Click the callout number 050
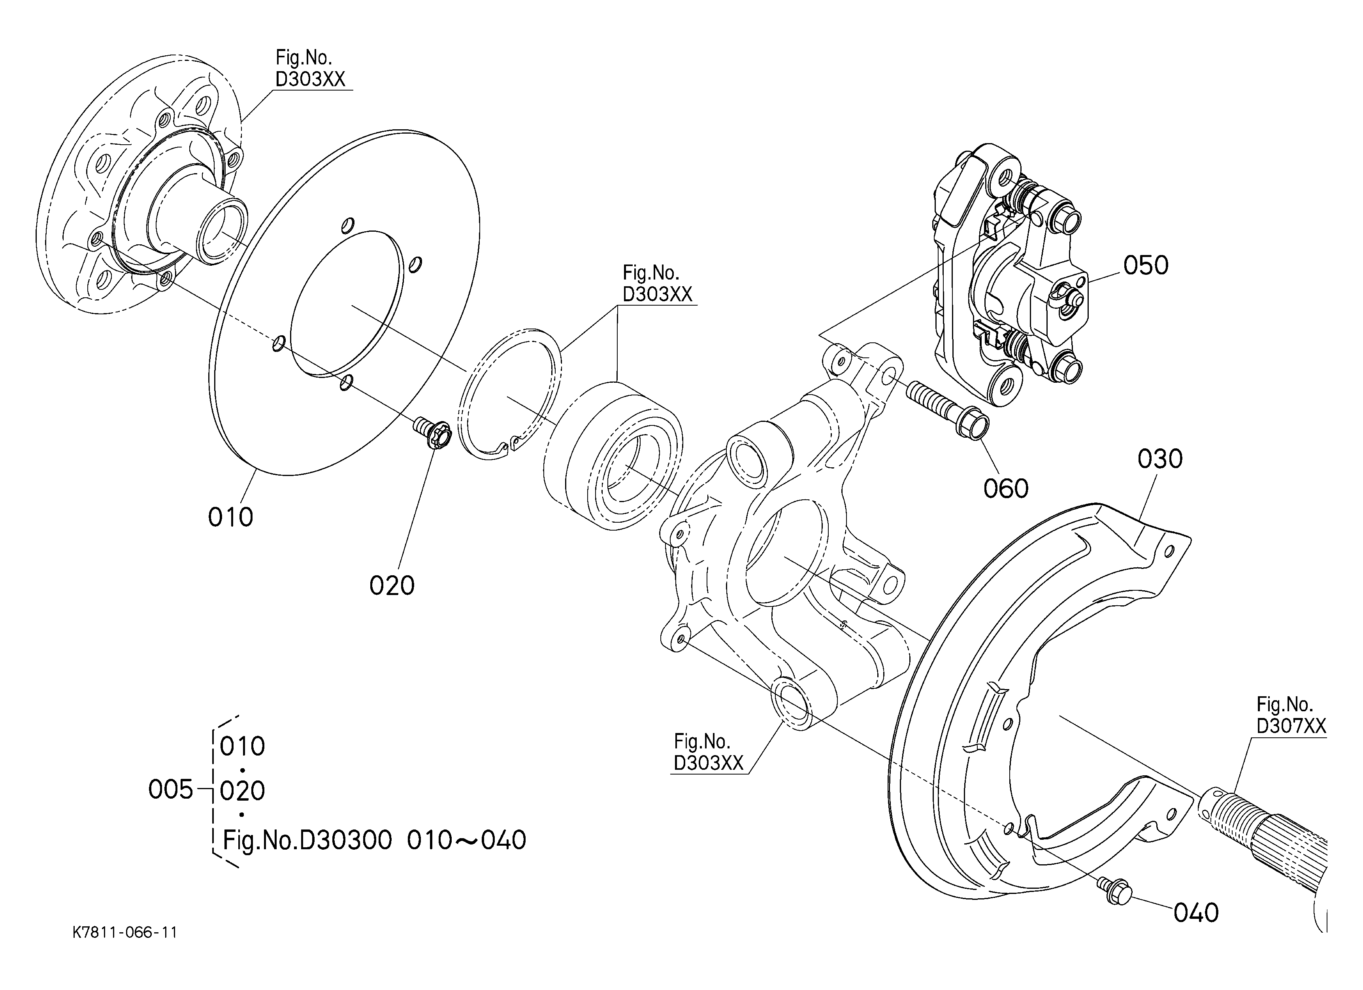point(1145,265)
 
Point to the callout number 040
point(1196,913)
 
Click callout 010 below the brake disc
point(230,517)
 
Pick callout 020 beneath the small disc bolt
point(392,586)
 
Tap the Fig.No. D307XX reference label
point(1290,715)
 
